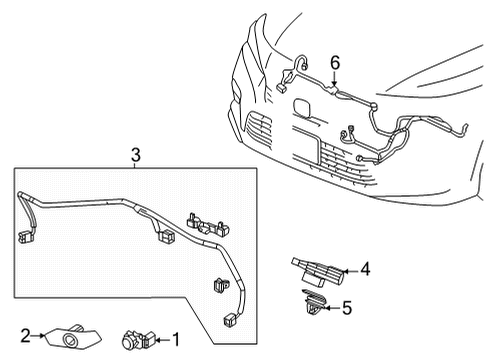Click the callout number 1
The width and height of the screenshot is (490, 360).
(x=175, y=340)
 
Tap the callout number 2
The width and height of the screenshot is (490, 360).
(x=26, y=336)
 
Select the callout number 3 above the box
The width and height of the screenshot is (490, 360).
(x=135, y=155)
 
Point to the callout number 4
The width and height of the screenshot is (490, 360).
(x=365, y=269)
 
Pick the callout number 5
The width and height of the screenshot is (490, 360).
(x=347, y=308)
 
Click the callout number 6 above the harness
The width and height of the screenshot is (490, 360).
(x=335, y=63)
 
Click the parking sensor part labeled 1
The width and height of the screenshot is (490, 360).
(x=138, y=340)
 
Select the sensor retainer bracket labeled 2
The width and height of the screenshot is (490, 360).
(x=72, y=337)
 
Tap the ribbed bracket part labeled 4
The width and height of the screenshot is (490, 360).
(x=317, y=271)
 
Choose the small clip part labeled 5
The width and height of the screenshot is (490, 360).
(x=313, y=303)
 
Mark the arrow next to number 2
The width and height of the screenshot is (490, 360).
(x=38, y=336)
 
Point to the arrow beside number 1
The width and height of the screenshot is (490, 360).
(x=163, y=340)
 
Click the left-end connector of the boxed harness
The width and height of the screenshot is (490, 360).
(x=25, y=238)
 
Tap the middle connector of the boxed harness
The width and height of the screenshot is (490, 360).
(x=166, y=236)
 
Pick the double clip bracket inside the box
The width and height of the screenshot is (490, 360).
(x=208, y=225)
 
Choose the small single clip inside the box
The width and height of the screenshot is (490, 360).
(x=219, y=285)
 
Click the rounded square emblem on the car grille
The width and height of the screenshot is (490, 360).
(x=303, y=107)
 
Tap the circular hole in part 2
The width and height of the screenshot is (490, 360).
(x=70, y=339)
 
